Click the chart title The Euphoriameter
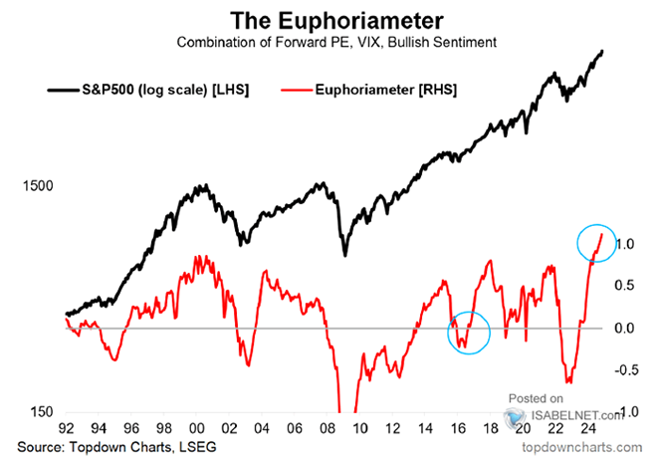pyautogui.click(x=328, y=20)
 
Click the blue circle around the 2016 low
pyautogui.click(x=470, y=332)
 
